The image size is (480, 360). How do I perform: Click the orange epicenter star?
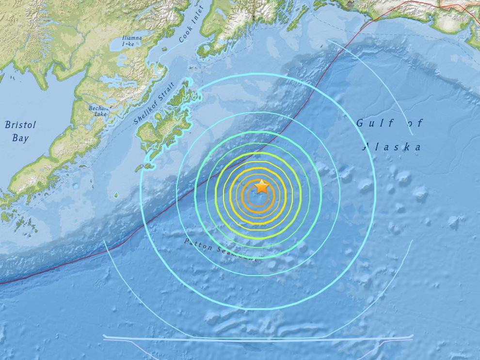(x=262, y=186)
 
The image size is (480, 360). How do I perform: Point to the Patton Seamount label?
(x=220, y=250)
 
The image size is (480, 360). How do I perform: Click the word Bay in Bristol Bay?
(x=20, y=138)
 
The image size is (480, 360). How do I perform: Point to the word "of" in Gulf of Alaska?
(x=407, y=123)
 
